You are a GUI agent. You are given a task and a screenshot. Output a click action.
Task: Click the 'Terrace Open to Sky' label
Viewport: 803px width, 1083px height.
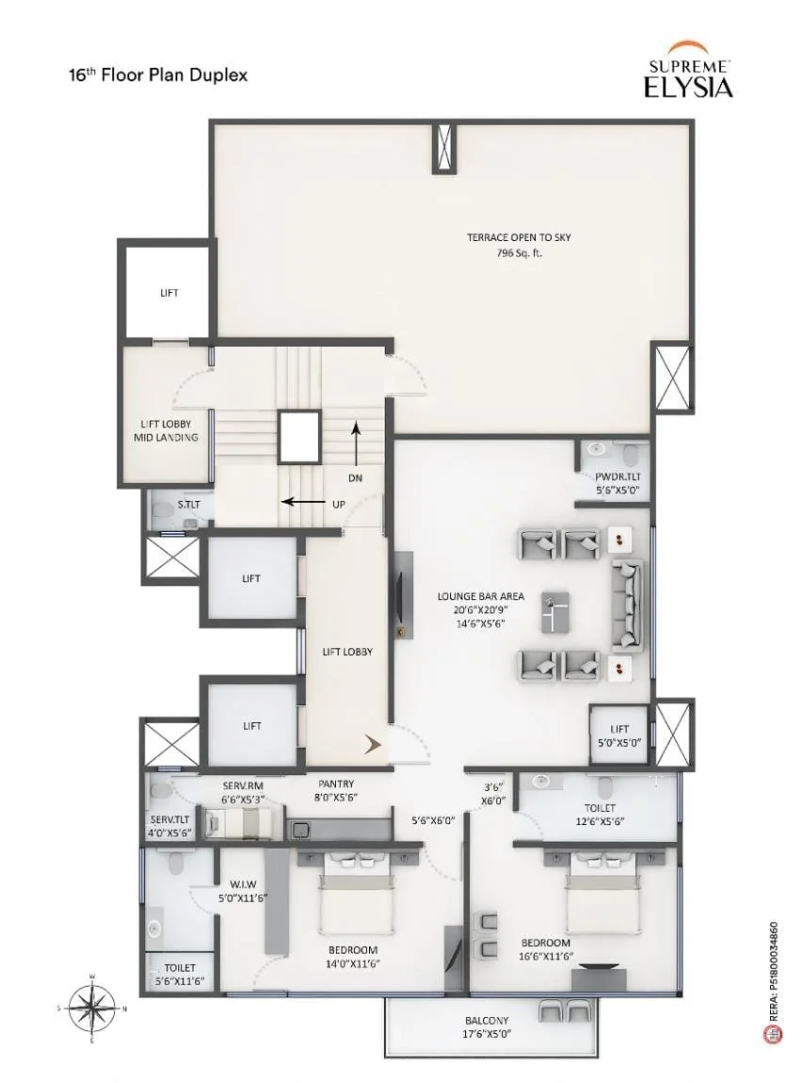(x=520, y=237)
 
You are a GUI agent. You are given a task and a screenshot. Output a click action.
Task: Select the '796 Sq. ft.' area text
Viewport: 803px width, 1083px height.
(x=520, y=252)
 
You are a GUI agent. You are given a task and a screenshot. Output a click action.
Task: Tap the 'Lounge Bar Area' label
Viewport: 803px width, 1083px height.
(x=480, y=596)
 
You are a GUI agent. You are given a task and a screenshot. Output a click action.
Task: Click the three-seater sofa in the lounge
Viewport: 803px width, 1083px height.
(x=627, y=605)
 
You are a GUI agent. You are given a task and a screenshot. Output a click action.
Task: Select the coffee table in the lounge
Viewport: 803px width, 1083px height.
(x=555, y=612)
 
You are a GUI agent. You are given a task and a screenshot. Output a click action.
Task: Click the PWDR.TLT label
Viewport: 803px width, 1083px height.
(x=618, y=477)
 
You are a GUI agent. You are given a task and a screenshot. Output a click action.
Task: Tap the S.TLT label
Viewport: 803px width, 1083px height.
(x=188, y=505)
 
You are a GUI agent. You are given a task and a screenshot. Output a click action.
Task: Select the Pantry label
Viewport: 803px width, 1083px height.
(x=336, y=784)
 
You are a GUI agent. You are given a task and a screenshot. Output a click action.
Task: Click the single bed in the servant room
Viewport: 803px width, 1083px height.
(x=243, y=822)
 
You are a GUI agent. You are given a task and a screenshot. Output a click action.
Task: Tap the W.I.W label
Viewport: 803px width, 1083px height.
(x=243, y=884)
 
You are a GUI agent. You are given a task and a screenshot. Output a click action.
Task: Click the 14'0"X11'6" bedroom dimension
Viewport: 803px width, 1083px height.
(x=354, y=964)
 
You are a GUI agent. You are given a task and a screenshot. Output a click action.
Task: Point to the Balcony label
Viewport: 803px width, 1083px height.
(x=487, y=1020)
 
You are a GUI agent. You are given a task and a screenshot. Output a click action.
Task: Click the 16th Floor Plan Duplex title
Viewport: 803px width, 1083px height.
(x=158, y=74)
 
